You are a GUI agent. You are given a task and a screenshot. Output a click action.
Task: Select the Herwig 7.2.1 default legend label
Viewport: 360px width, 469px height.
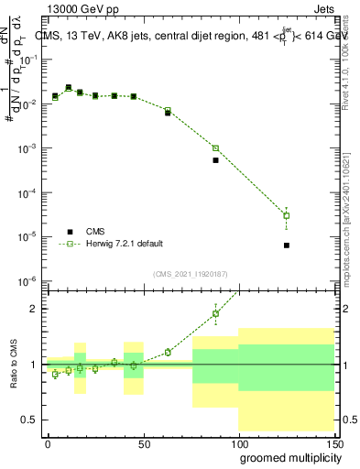coord(125,244)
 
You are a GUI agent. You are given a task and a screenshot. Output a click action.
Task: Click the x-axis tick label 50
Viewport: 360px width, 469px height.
coord(142,442)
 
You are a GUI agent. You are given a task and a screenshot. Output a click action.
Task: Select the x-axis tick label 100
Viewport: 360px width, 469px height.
coord(238,442)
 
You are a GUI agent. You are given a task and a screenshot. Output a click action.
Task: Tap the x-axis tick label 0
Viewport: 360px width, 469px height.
coord(48,442)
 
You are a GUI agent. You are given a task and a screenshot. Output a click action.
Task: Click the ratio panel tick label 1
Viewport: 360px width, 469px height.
coord(33,365)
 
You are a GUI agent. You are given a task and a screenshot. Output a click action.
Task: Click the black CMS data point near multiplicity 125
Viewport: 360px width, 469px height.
coord(287,245)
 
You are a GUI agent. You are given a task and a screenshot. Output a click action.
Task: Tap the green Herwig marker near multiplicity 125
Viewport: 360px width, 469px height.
coord(287,216)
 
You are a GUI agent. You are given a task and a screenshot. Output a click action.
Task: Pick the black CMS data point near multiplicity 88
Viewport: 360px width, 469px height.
coord(216,160)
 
